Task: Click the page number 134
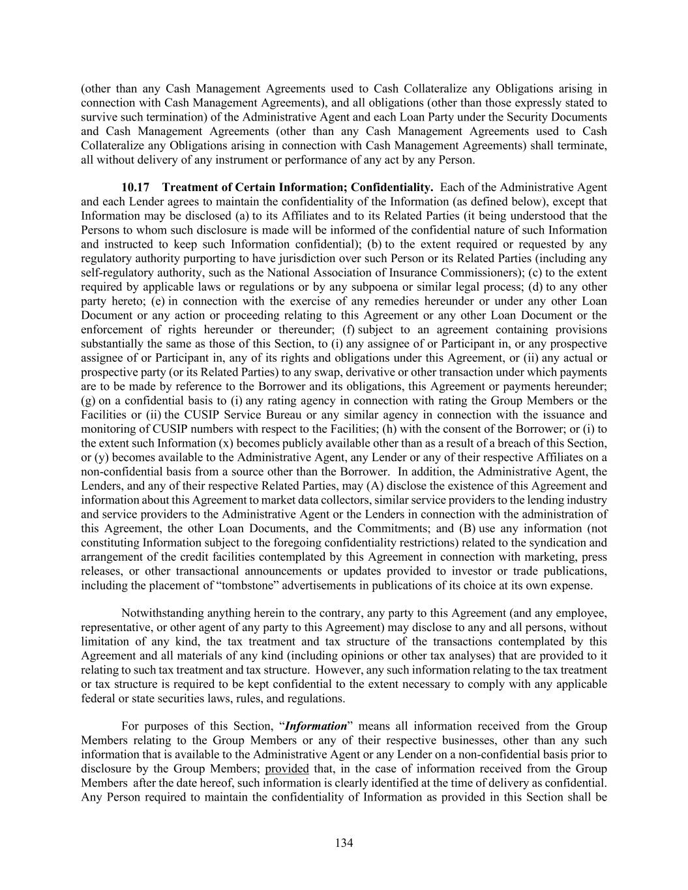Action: click(x=344, y=843)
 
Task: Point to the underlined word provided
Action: click(x=287, y=769)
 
